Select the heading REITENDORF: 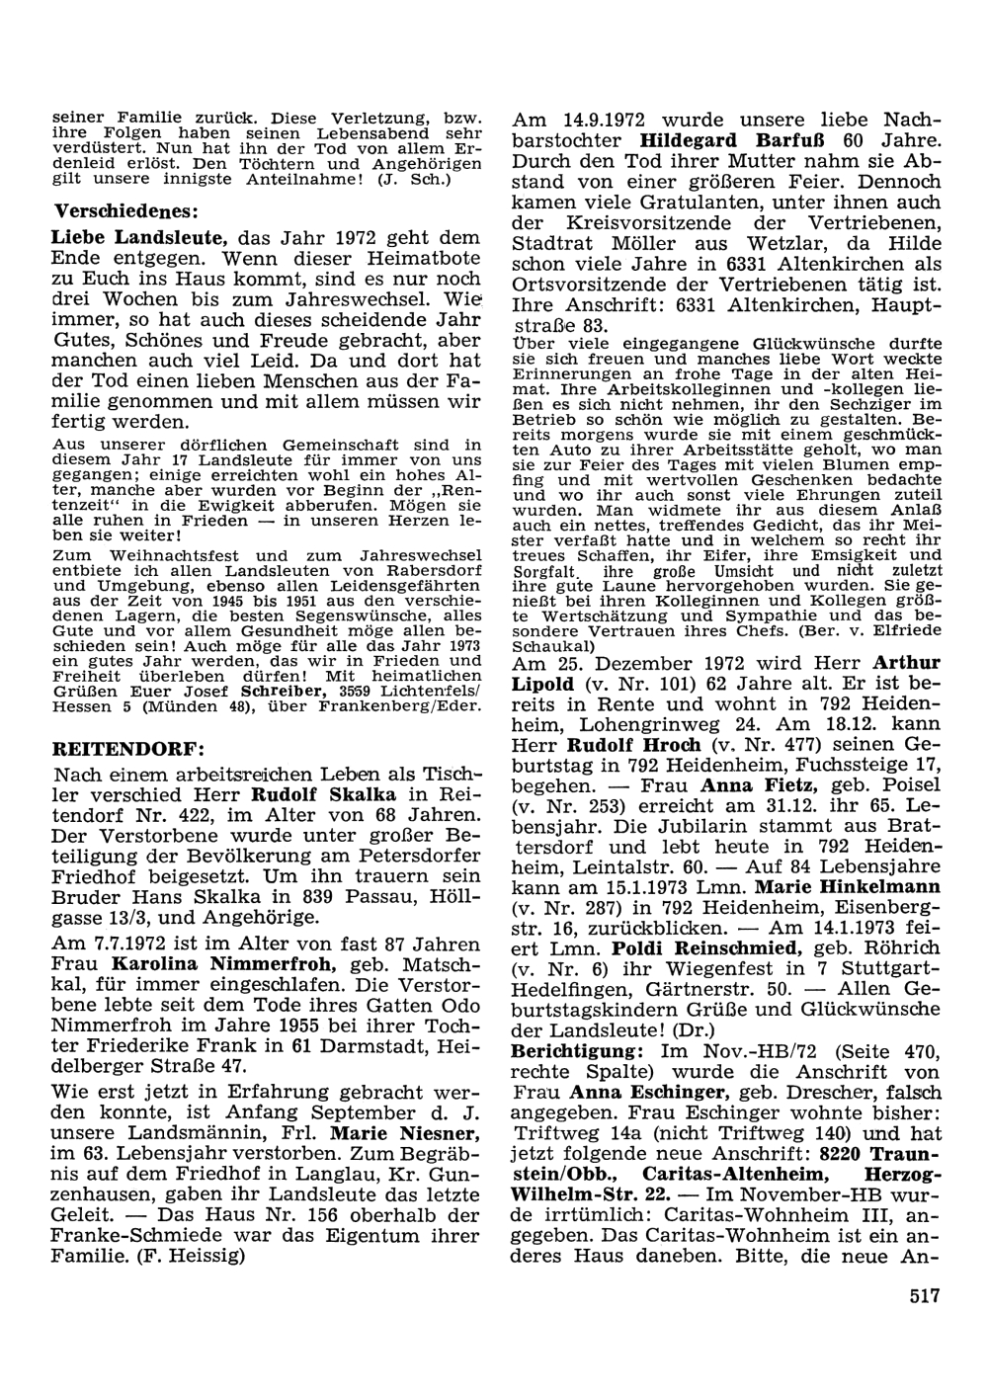click(x=111, y=747)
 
